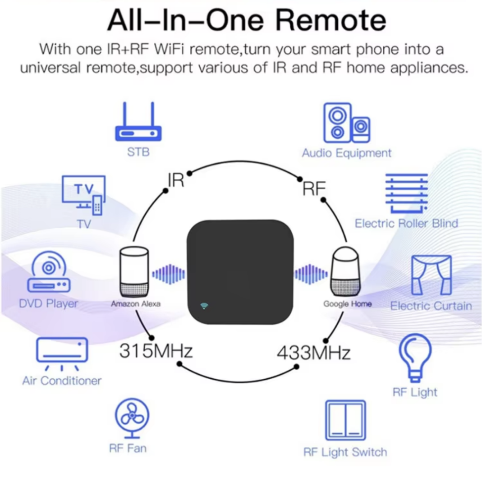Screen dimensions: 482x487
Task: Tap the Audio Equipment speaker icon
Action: pos(347,123)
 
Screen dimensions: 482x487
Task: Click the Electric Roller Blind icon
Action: pos(407,193)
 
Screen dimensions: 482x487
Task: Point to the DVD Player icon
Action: pos(49,271)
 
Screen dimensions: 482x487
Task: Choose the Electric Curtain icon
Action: pos(432,275)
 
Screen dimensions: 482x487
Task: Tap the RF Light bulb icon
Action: pos(415,358)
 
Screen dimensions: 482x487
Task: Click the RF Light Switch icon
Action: pos(346,420)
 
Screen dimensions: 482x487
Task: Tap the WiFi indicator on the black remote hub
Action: pos(204,306)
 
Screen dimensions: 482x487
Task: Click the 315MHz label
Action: pos(156,351)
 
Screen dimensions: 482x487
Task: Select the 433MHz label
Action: pos(314,353)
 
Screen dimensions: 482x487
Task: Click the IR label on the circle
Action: pos(176,180)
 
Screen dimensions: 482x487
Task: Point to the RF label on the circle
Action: pos(314,188)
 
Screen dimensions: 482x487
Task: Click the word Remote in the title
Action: pos(331,20)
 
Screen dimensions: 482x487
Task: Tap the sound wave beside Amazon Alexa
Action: pos(169,274)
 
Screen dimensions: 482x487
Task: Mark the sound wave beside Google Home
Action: pos(311,274)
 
